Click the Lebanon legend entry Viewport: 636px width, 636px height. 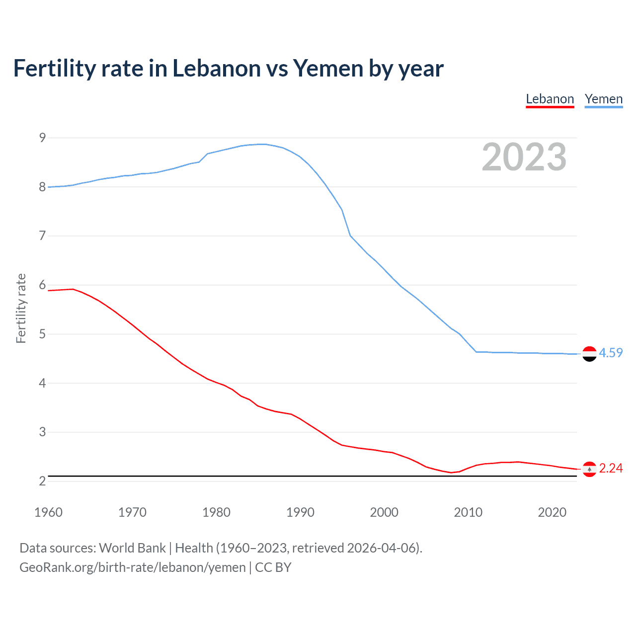click(550, 99)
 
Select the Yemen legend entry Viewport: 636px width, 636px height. click(603, 99)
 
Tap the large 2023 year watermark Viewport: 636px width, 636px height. click(524, 157)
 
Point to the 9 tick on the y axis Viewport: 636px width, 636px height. click(42, 138)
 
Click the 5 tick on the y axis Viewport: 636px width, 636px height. click(42, 334)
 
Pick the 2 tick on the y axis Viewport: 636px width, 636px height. click(42, 481)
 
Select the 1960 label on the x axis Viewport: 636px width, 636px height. click(48, 512)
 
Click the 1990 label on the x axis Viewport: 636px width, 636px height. click(300, 512)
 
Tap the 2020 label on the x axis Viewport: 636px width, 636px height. click(552, 512)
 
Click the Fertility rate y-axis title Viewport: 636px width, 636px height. click(21, 308)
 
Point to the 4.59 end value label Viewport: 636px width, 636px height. click(611, 353)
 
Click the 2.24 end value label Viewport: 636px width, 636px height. click(611, 468)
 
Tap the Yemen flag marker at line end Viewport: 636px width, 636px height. click(589, 354)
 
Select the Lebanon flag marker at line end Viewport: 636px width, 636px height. click(589, 469)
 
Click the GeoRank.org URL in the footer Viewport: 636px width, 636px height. click(132, 567)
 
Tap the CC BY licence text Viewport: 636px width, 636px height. click(273, 567)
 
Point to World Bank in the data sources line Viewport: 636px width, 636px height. click(132, 548)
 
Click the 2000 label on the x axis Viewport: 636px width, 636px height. click(384, 512)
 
